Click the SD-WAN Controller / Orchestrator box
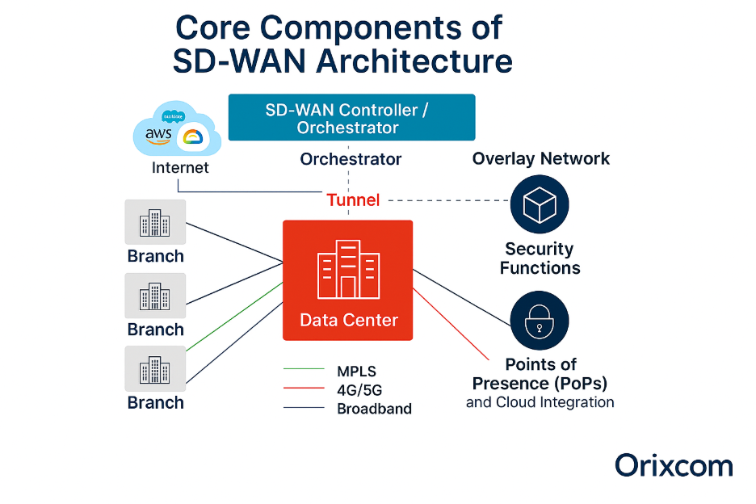351,118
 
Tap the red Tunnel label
353,199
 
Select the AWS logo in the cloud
158,136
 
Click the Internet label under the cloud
180,168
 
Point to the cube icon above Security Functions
540,204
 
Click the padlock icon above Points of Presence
540,321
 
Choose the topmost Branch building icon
155,222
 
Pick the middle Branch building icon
155,296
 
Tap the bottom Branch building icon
155,369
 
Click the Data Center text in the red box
349,320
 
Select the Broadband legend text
374,409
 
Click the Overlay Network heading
541,159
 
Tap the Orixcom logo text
674,466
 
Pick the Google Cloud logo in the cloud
192,138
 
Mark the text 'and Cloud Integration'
540,402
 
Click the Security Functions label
540,258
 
